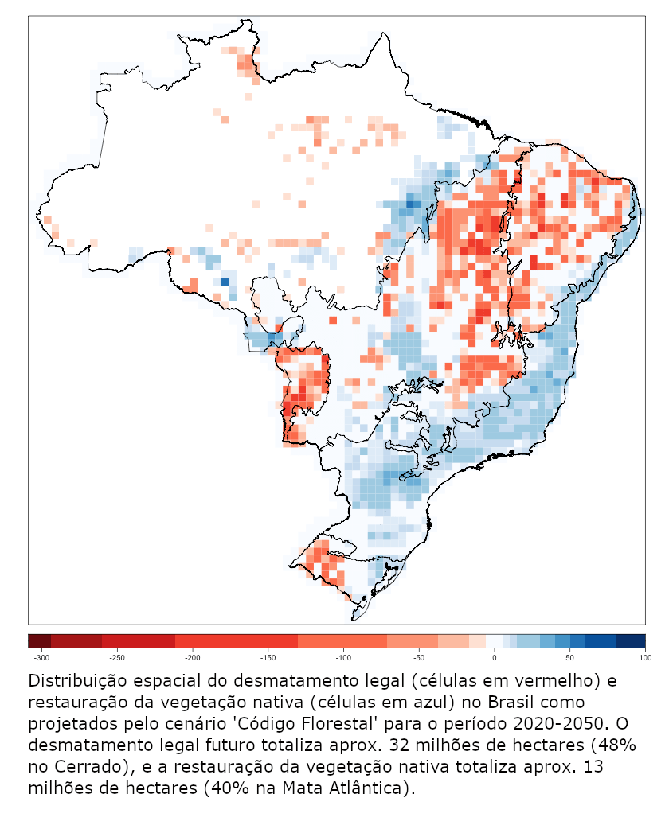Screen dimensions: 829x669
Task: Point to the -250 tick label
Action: (116, 658)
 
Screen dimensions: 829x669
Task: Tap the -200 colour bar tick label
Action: (192, 658)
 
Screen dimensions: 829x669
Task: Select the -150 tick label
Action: (268, 658)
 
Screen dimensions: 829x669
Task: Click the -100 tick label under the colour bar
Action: (343, 658)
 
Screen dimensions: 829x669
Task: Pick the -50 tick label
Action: (420, 658)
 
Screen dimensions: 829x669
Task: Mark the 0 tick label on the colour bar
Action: (495, 658)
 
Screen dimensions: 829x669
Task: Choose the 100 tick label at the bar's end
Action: (644, 658)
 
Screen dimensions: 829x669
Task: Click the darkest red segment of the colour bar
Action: (39, 640)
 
